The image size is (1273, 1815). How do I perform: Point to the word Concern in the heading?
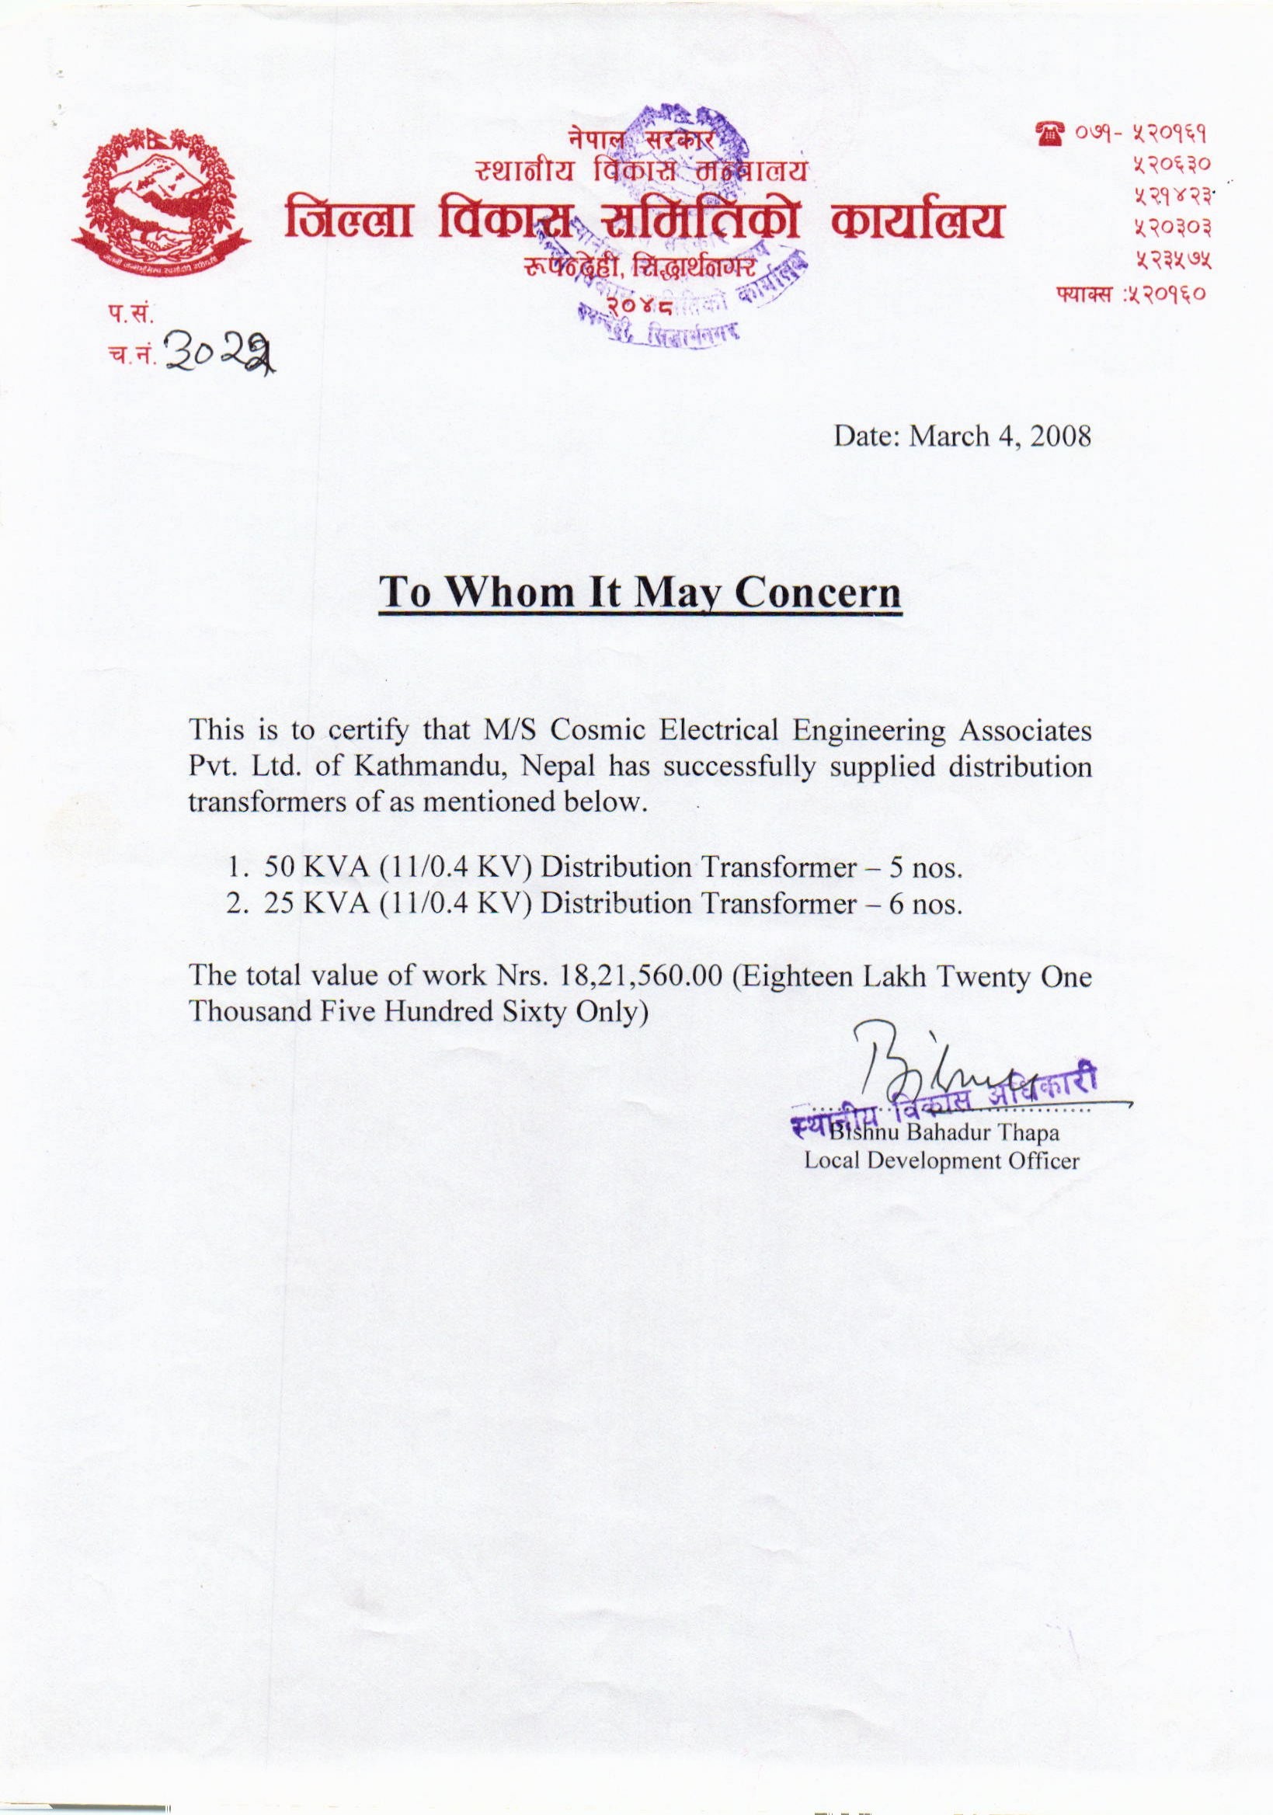(819, 593)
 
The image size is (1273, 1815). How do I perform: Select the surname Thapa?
(1028, 1133)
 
